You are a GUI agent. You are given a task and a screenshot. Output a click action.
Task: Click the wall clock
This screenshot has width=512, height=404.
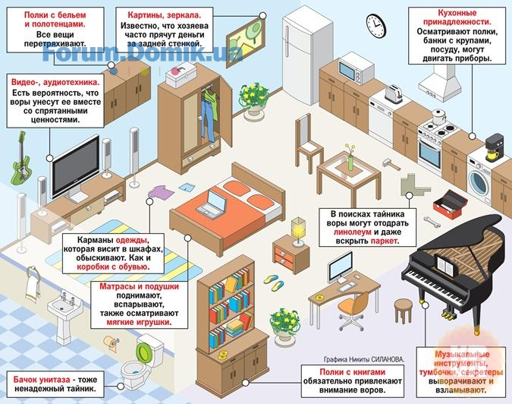(x=375, y=26)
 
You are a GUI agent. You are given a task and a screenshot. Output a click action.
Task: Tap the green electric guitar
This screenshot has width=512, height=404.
(x=20, y=157)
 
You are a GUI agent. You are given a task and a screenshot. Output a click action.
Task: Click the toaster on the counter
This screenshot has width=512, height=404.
(x=393, y=93)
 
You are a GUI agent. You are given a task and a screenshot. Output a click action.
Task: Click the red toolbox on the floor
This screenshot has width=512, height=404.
(x=449, y=204)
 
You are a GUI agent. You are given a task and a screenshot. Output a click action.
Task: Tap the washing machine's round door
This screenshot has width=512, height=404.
(x=479, y=182)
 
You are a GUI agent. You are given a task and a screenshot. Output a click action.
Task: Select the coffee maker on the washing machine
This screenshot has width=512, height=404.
(x=494, y=147)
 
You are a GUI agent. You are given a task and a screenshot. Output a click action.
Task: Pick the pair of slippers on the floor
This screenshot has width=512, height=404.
(x=274, y=282)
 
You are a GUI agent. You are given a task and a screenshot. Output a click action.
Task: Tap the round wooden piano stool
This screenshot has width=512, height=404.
(x=404, y=310)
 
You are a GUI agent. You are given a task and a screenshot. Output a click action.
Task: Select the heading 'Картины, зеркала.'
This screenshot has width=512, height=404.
(x=165, y=15)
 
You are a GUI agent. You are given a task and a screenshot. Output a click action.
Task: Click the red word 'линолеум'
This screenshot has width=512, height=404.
(x=352, y=232)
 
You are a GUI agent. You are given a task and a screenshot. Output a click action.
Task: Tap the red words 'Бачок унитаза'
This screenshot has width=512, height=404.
(x=42, y=380)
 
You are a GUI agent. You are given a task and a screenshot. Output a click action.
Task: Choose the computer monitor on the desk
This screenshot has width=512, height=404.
(x=341, y=267)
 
